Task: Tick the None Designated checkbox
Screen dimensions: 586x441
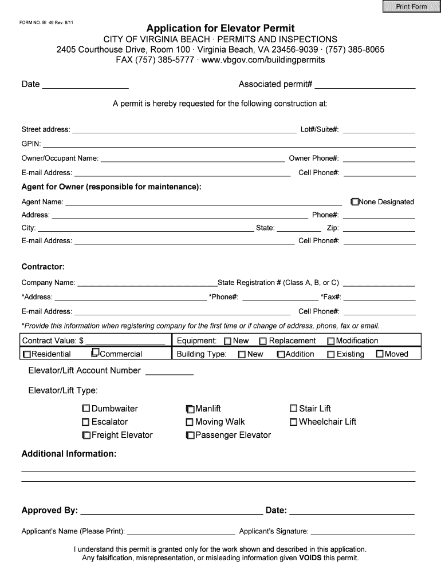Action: tap(355, 201)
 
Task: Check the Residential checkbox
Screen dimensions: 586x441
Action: tap(27, 354)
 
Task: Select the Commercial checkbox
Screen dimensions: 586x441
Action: tap(96, 353)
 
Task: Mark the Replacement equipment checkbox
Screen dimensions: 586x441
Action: tap(263, 341)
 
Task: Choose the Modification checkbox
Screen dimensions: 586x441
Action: tap(330, 341)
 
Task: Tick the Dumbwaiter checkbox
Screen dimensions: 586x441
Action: tap(86, 409)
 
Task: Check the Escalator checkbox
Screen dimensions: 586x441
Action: tap(86, 422)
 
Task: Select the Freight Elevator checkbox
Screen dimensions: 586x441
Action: tap(86, 435)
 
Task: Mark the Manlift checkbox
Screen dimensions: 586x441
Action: tap(190, 409)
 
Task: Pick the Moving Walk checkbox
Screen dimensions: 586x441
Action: tap(190, 422)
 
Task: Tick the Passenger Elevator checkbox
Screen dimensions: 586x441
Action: tap(190, 435)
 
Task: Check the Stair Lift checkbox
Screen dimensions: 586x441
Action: tap(293, 409)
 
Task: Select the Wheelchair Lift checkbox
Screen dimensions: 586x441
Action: tap(293, 422)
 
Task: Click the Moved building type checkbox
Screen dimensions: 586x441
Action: tap(379, 354)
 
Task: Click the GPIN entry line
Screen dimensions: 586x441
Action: tap(229, 144)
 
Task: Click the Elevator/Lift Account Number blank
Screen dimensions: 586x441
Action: tap(170, 371)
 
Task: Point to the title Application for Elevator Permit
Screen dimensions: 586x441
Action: tap(220, 28)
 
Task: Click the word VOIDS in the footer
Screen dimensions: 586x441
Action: tap(310, 558)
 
